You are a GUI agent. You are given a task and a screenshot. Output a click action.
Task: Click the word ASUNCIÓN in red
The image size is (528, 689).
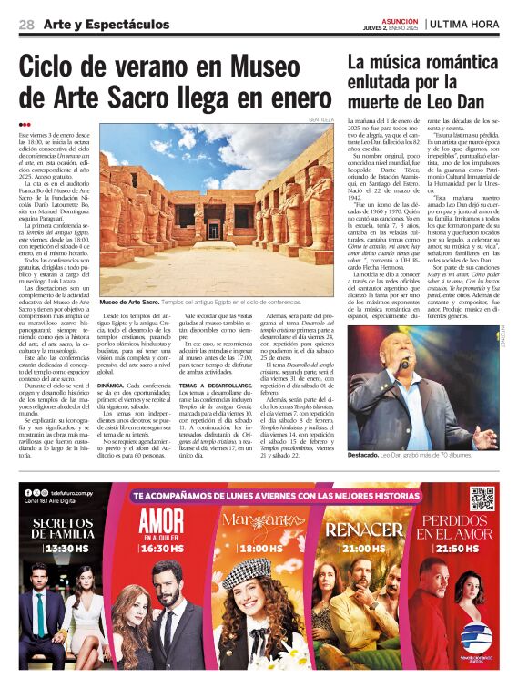pos(401,20)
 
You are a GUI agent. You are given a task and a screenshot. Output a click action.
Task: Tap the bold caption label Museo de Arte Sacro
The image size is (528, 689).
pos(130,301)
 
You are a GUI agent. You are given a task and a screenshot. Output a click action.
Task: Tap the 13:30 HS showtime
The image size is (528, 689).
pos(62,550)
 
